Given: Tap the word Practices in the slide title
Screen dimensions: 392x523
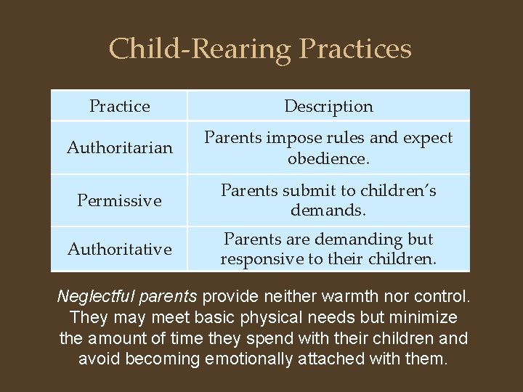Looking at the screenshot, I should (355, 49).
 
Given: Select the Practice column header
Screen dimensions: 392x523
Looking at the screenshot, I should (119, 106).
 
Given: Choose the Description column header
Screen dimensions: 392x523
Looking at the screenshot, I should (328, 106).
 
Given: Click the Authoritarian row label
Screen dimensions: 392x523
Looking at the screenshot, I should (119, 148).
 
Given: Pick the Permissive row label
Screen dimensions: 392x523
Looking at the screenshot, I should (119, 200).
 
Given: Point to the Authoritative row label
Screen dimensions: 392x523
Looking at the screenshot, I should (119, 249).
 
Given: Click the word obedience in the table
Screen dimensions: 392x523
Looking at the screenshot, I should (326, 158).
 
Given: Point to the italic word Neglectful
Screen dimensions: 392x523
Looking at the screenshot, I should (91, 297).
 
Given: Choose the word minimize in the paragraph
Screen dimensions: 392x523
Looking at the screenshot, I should (427, 318).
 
